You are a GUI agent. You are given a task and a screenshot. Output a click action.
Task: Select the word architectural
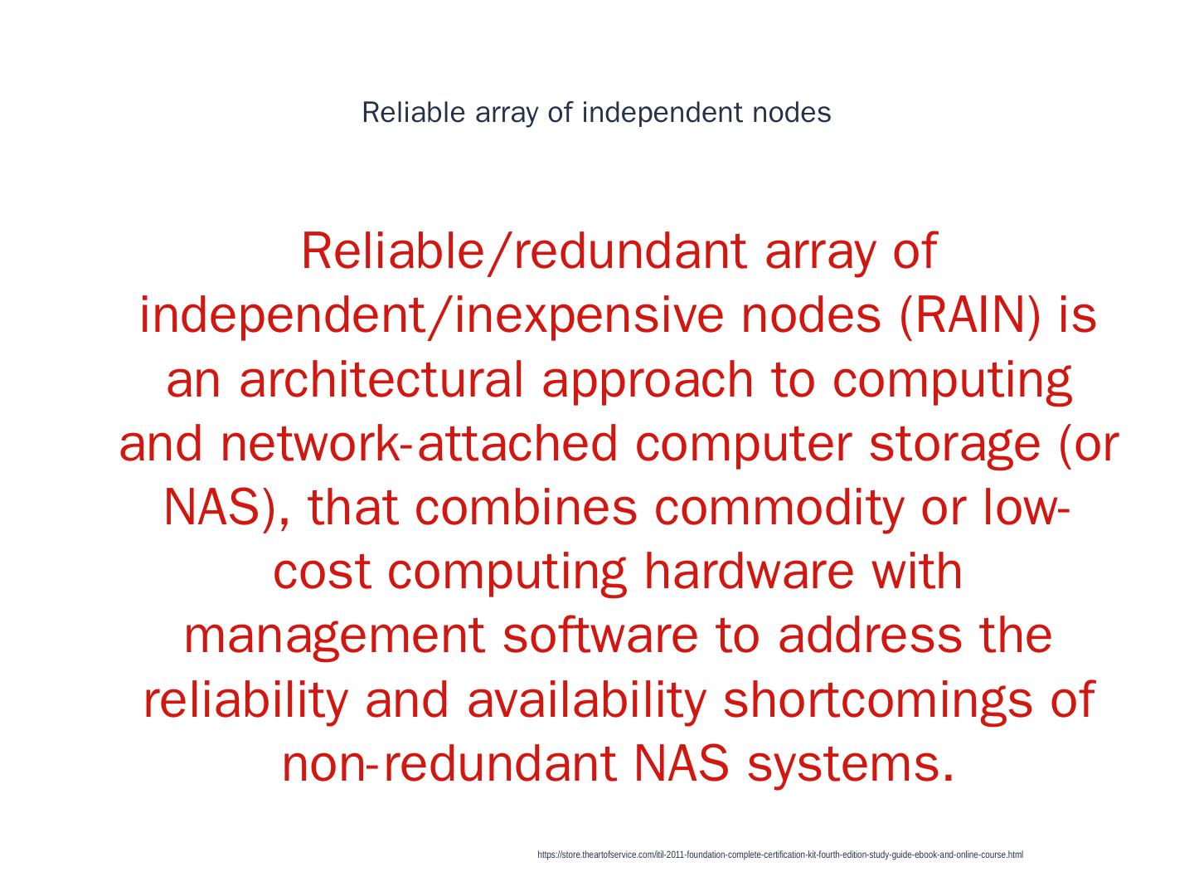pos(381,381)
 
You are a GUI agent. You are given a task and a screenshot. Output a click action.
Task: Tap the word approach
pos(648,381)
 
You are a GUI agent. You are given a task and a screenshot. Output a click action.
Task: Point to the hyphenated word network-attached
pos(420,445)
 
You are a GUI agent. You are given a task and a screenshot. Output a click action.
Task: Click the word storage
pos(954,445)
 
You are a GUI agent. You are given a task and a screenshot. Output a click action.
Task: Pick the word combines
pos(526,508)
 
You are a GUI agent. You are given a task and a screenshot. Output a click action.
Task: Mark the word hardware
pos(748,572)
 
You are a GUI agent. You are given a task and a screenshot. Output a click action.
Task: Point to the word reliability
pos(245,699)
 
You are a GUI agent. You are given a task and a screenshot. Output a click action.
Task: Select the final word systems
pos(850,764)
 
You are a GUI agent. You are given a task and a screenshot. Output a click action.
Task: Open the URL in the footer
pos(780,855)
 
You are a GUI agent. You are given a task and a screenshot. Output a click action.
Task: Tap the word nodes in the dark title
pos(791,113)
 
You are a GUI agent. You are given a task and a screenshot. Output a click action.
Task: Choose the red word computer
pos(743,445)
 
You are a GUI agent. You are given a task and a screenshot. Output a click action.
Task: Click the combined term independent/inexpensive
pos(430,316)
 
